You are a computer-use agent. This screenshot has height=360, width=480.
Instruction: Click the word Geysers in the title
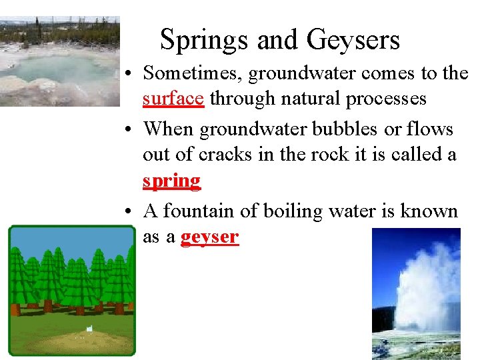pos(353,40)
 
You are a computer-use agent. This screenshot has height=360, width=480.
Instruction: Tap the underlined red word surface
pos(173,99)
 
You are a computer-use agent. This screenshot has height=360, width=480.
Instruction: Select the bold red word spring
pos(171,181)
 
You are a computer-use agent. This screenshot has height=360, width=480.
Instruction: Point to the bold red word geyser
pos(210,237)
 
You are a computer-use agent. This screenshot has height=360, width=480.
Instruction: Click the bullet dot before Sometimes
pos(133,73)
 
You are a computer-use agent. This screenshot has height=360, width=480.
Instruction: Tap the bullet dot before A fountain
pos(133,212)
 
